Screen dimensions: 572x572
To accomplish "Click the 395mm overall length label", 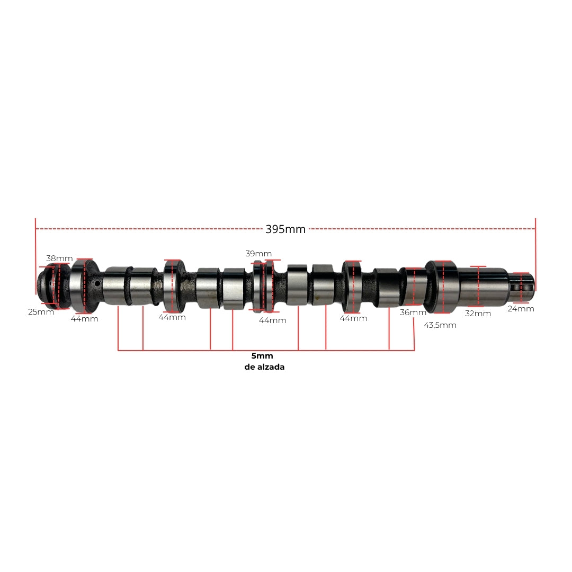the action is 285,229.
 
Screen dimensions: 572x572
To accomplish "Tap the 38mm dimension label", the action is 59,258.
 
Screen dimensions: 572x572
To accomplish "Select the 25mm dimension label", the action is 41,312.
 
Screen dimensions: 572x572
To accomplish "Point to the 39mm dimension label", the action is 258,254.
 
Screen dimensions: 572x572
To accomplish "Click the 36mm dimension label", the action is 413,312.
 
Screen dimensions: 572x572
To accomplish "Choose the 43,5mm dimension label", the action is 440,325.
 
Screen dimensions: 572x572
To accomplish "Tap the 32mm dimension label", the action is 478,314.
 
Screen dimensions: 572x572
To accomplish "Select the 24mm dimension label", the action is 521,309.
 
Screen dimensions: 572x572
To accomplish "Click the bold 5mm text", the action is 262,356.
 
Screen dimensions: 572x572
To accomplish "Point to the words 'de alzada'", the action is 264,367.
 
